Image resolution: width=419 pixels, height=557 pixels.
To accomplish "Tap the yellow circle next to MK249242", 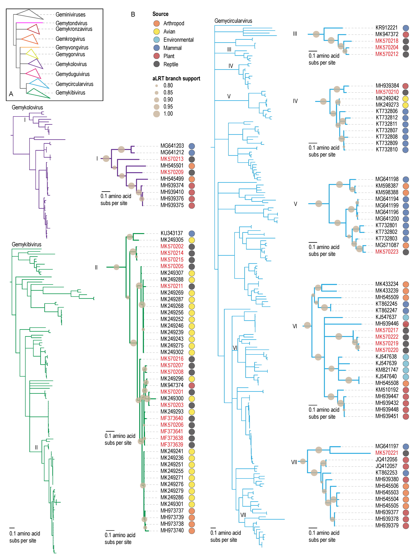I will (405, 99).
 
